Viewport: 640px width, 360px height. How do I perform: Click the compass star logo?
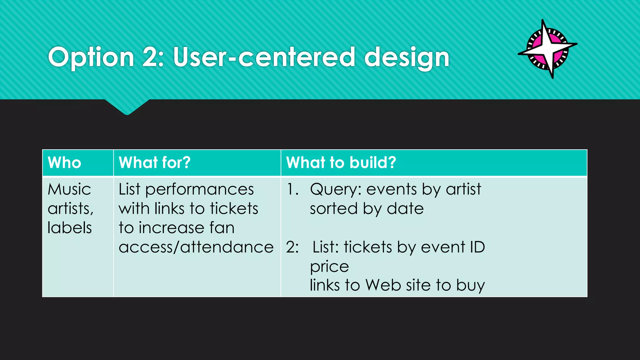pyautogui.click(x=547, y=48)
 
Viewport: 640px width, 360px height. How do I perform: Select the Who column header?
pyautogui.click(x=64, y=163)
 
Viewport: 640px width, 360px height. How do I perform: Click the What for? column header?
pyautogui.click(x=154, y=163)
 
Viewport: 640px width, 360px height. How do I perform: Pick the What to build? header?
pyautogui.click(x=341, y=163)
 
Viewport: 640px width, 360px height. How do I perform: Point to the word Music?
pyautogui.click(x=69, y=189)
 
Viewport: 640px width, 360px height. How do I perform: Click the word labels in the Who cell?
pyautogui.click(x=70, y=228)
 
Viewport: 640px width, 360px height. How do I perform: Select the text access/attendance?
pyautogui.click(x=196, y=247)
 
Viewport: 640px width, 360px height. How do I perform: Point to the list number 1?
pyautogui.click(x=292, y=189)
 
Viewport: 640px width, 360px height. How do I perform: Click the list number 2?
pyautogui.click(x=292, y=247)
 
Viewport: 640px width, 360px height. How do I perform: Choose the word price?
pyautogui.click(x=329, y=267)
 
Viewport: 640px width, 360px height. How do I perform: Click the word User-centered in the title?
pyautogui.click(x=264, y=57)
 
